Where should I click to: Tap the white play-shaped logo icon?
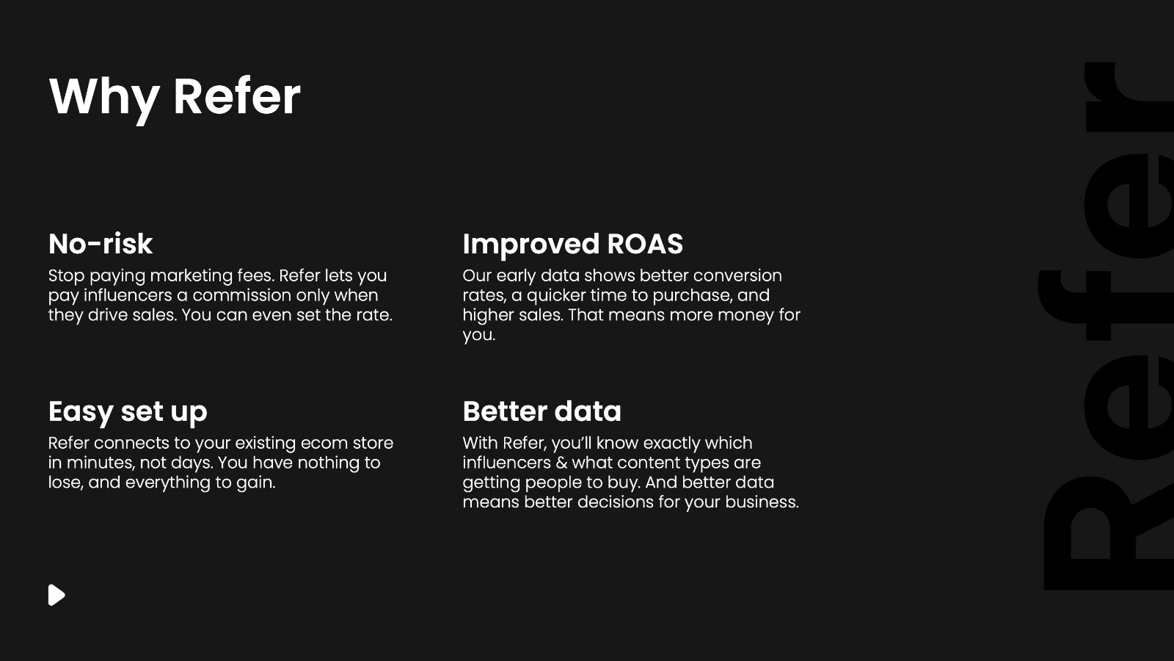[x=56, y=595]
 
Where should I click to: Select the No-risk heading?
[x=100, y=244]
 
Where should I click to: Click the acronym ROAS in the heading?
[x=645, y=244]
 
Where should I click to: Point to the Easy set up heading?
[x=128, y=412]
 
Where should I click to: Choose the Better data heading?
[x=542, y=411]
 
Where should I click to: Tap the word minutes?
[x=100, y=463]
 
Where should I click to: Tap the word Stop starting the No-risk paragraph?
[x=67, y=276]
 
